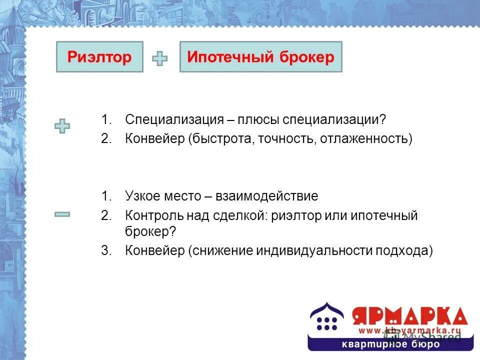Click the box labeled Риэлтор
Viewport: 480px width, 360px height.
pos(99,57)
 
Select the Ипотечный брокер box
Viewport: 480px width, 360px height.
pos(260,57)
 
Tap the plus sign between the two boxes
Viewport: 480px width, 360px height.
pos(159,59)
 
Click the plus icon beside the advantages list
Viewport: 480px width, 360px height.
pos(62,126)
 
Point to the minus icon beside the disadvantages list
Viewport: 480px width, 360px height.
pos(62,214)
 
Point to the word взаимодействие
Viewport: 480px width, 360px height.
pos(267,196)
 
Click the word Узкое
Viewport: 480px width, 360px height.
pos(143,196)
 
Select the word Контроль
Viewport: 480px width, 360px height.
pos(148,216)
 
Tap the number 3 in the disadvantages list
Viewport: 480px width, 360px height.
pos(105,250)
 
